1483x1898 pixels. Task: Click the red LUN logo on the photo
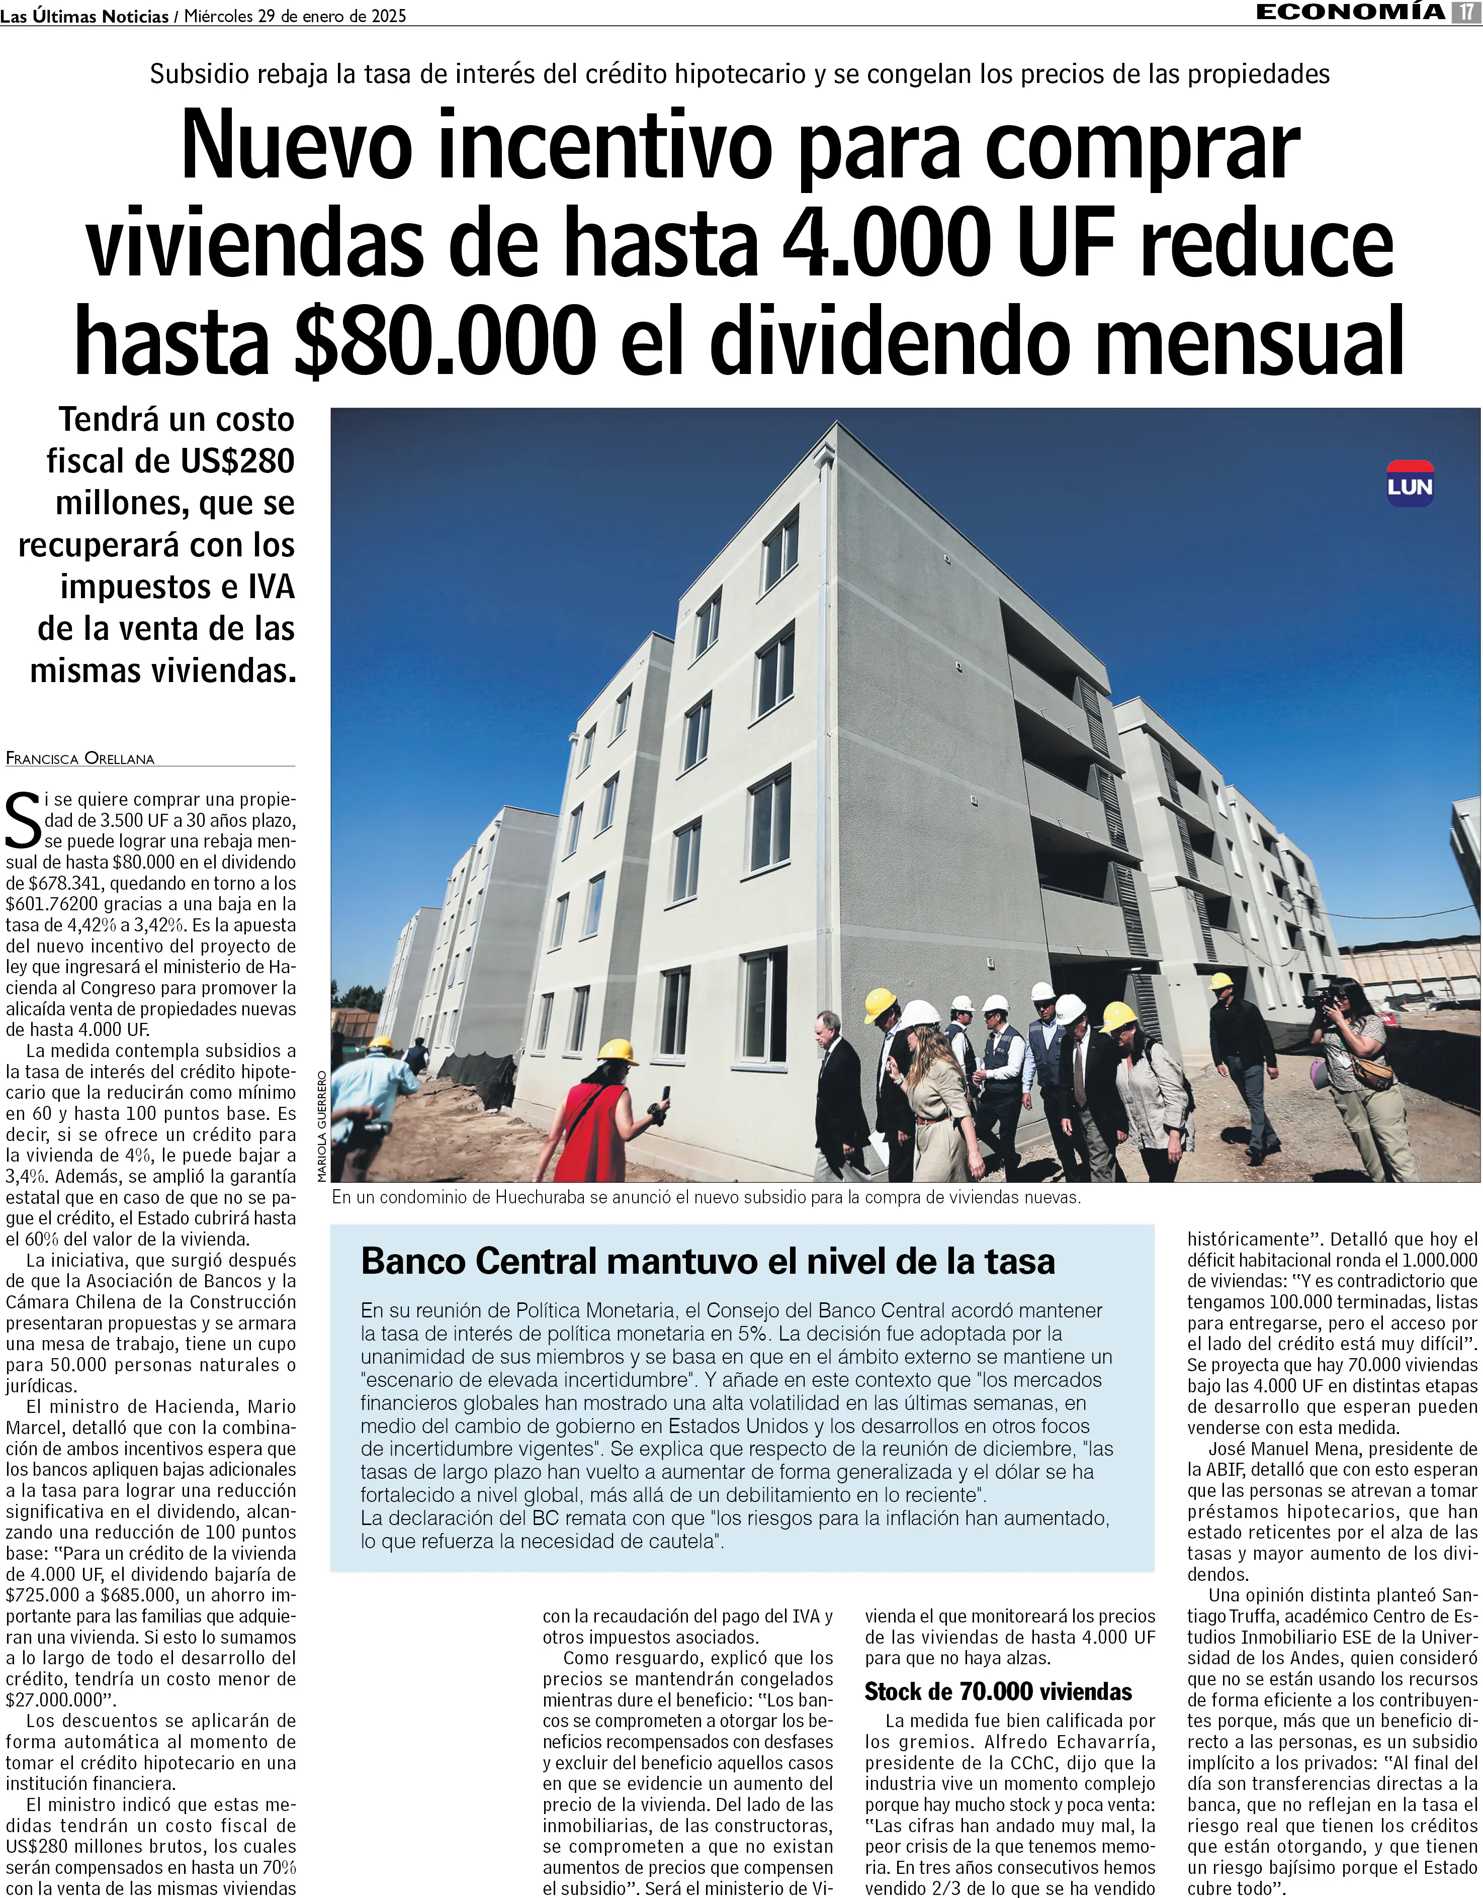pos(1409,484)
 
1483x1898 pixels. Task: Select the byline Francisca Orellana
pos(80,758)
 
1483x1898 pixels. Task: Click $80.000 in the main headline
pos(445,341)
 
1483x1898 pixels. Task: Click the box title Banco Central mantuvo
pos(708,1261)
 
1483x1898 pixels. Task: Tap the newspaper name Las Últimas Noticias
pos(84,16)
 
